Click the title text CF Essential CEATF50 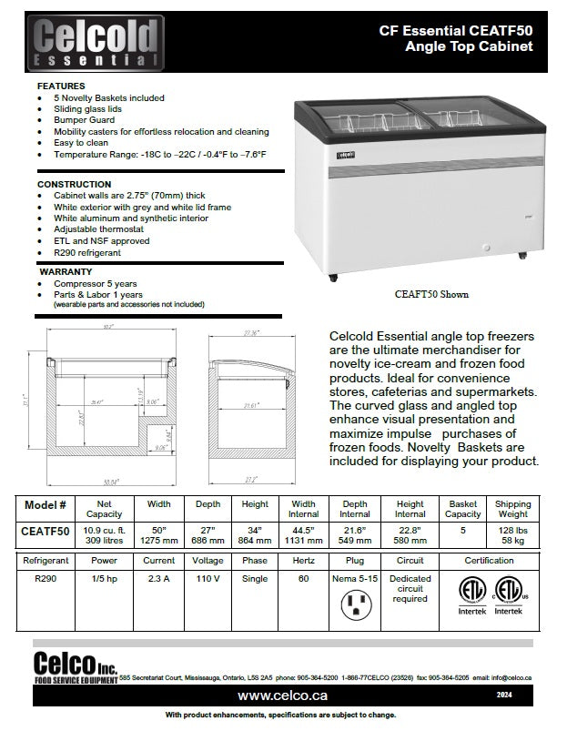coord(456,30)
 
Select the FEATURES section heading coord(61,85)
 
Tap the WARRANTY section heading coord(65,271)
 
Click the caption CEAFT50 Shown coord(431,295)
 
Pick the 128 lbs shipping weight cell coord(513,528)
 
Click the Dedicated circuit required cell coord(410,588)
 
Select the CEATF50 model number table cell coord(45,529)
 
